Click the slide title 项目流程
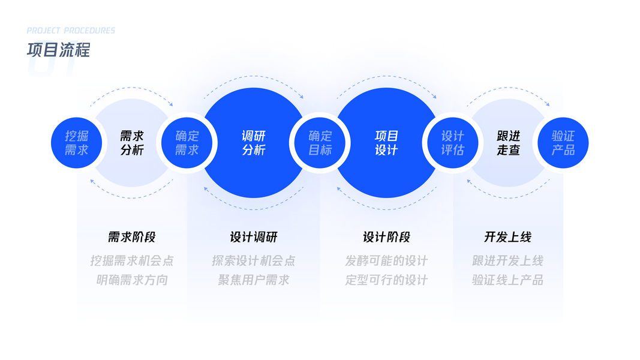click(58, 50)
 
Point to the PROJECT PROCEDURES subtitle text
click(71, 31)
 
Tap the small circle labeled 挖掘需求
click(76, 143)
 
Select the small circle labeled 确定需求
click(187, 143)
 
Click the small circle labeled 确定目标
click(320, 143)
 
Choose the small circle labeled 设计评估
click(452, 143)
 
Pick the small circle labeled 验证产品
click(563, 143)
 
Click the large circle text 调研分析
click(254, 143)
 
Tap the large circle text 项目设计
click(387, 143)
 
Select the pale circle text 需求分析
click(132, 143)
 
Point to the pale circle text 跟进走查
click(508, 143)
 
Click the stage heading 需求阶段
click(132, 237)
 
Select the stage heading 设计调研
click(254, 237)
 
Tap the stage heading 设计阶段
click(387, 237)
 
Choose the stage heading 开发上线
click(508, 237)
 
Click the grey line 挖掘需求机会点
click(132, 261)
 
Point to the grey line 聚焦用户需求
click(254, 280)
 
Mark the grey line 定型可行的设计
click(387, 280)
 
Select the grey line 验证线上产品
click(508, 280)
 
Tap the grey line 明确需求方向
click(132, 280)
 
